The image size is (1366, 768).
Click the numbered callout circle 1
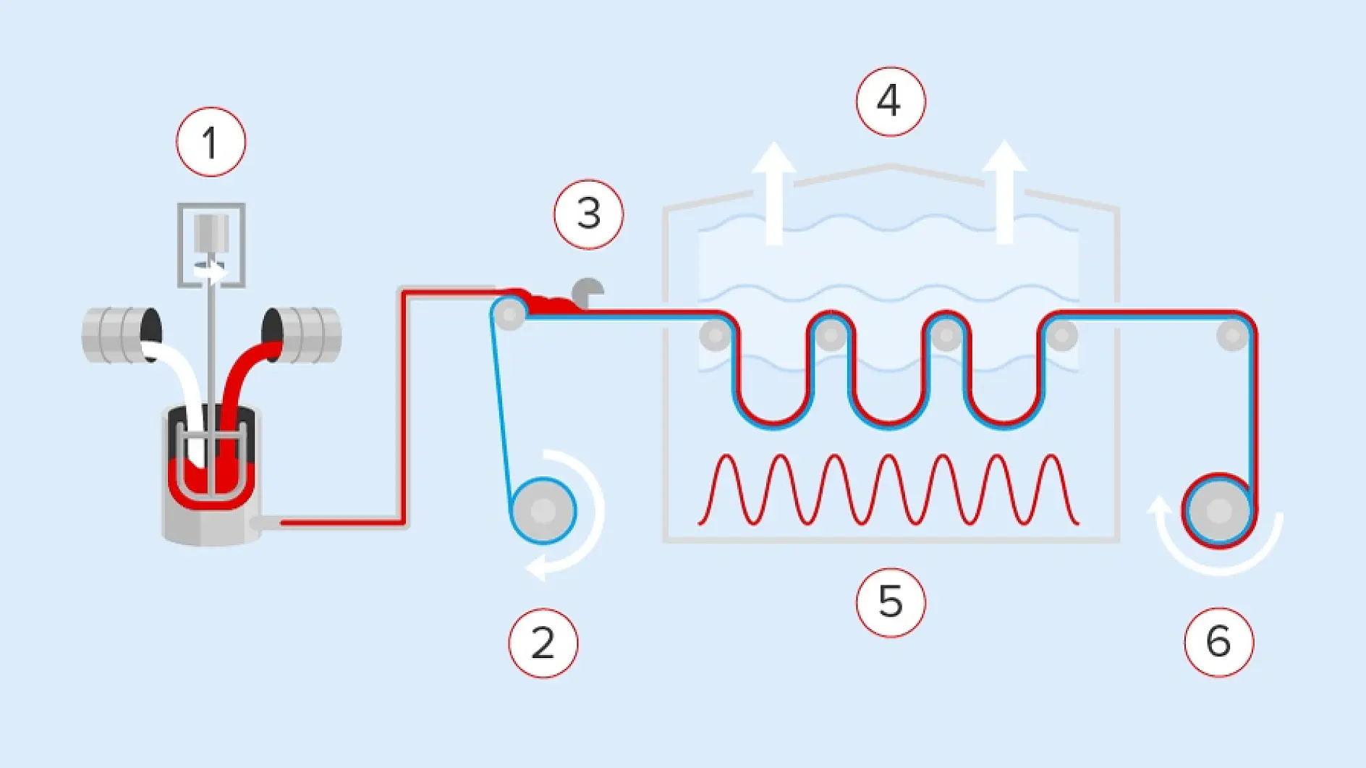coord(211,142)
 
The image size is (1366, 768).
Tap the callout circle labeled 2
coord(543,643)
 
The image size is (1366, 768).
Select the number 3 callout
coord(588,214)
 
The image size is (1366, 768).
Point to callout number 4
coord(890,101)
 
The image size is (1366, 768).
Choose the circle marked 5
coord(890,602)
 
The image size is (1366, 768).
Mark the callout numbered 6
coord(1218,642)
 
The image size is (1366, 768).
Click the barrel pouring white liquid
coord(121,334)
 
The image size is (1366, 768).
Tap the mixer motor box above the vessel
coord(211,245)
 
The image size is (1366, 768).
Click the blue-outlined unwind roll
coord(543,511)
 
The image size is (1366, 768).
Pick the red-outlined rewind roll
coord(1219,511)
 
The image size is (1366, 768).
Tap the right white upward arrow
coord(1004,192)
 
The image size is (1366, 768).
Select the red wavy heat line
coord(888,489)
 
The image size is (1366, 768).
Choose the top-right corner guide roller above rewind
coord(1232,335)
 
